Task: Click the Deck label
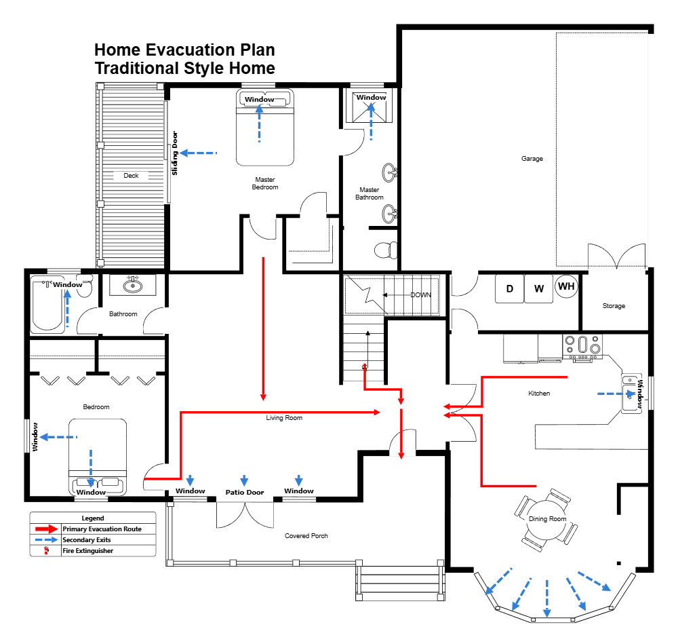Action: (131, 176)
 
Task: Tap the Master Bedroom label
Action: (265, 183)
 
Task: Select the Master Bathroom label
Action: (370, 193)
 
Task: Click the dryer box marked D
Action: (509, 288)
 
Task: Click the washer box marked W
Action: (539, 288)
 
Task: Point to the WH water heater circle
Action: (567, 286)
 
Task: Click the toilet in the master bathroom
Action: (386, 250)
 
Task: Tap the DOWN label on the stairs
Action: (420, 295)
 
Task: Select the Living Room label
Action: (284, 418)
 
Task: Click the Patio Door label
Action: (245, 492)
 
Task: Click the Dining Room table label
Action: (547, 519)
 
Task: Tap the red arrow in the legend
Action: (46, 529)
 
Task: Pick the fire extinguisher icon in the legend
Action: (46, 551)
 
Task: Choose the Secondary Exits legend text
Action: (87, 540)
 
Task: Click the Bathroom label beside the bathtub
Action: (123, 314)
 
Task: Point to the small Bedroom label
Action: (96, 407)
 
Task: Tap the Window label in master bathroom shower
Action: (371, 97)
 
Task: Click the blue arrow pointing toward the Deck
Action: (197, 153)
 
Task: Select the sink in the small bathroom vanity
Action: (133, 284)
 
